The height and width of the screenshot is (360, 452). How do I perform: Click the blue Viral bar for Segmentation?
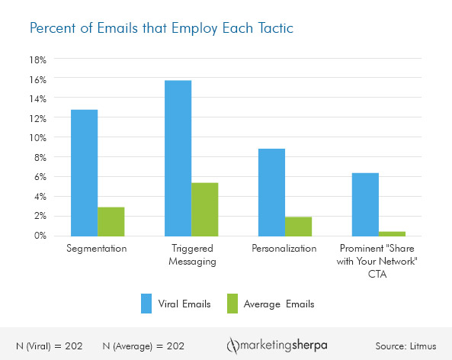point(84,172)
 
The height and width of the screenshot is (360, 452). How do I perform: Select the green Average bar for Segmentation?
point(111,221)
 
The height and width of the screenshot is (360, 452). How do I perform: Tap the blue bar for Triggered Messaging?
point(178,158)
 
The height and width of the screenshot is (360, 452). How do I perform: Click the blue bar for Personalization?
point(271,192)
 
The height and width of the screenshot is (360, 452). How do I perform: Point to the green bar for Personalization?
point(298,226)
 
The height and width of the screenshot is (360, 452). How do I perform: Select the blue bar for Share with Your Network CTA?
point(365,204)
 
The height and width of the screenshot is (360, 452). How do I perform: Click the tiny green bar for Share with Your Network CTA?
point(392,233)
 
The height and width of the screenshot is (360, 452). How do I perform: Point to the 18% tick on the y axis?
point(38,59)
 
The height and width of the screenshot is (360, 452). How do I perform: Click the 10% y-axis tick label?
point(38,138)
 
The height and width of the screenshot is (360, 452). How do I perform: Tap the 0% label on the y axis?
point(40,236)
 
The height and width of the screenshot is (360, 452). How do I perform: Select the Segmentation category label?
point(96,249)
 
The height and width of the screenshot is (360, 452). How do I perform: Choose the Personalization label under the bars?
point(284,249)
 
